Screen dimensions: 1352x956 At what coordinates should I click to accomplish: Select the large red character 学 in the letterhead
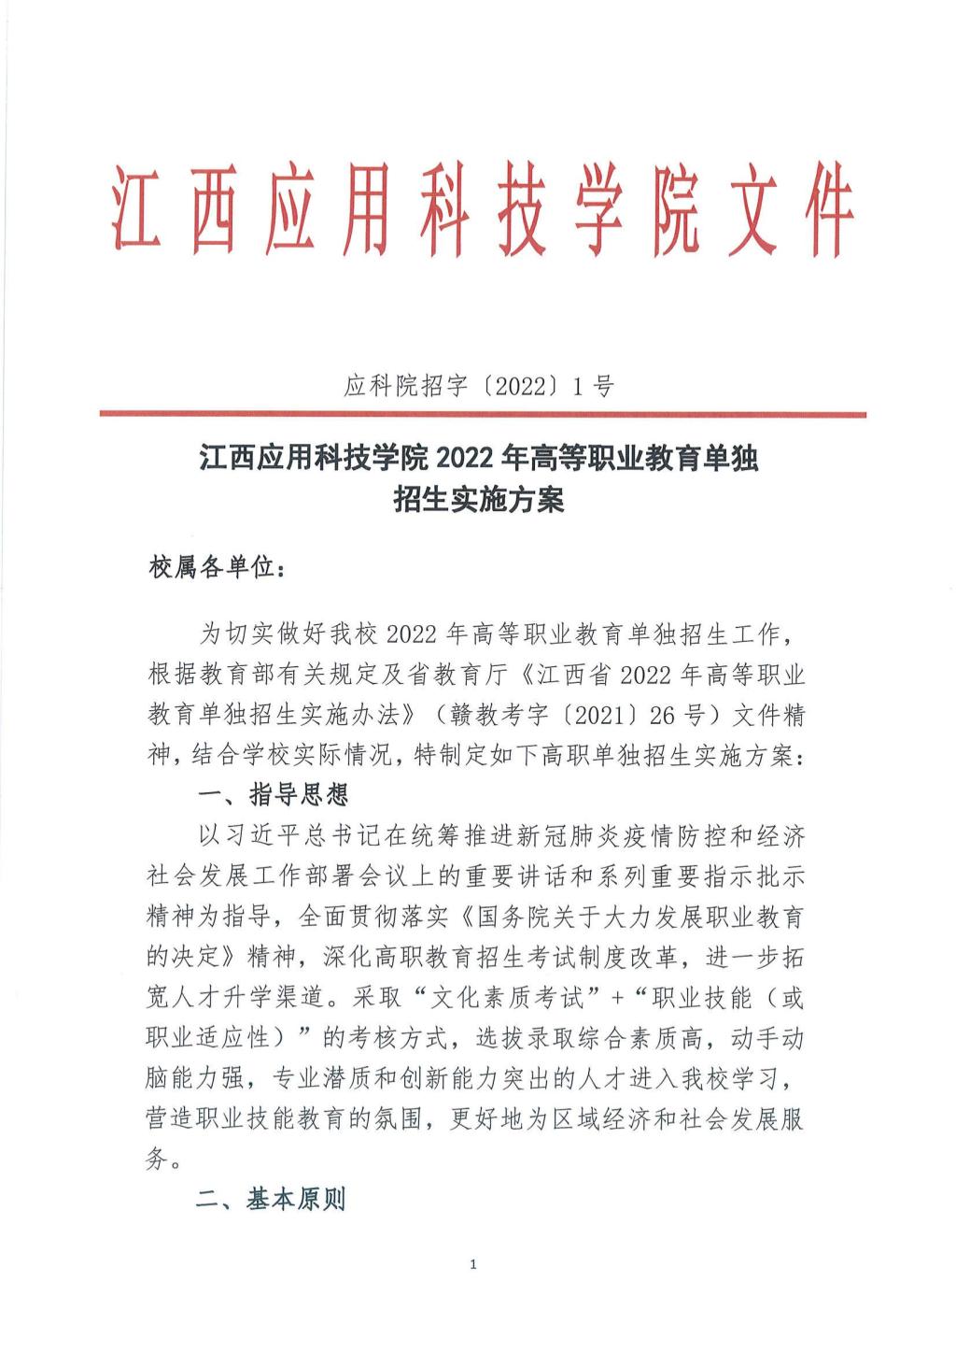click(x=587, y=210)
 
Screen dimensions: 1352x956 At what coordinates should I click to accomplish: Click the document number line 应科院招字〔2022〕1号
click(x=479, y=385)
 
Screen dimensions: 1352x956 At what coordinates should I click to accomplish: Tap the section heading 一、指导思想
click(x=274, y=795)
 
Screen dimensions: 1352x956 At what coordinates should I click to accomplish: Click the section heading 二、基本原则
click(x=272, y=1199)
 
